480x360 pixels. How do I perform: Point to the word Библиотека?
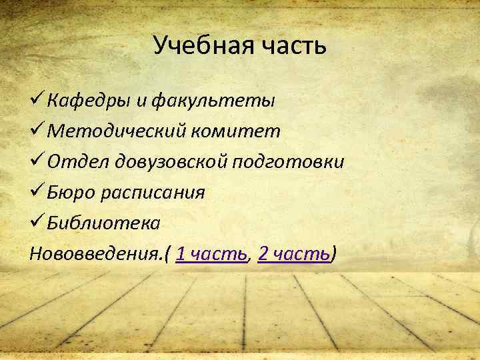103,223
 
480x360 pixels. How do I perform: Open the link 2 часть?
294,254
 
